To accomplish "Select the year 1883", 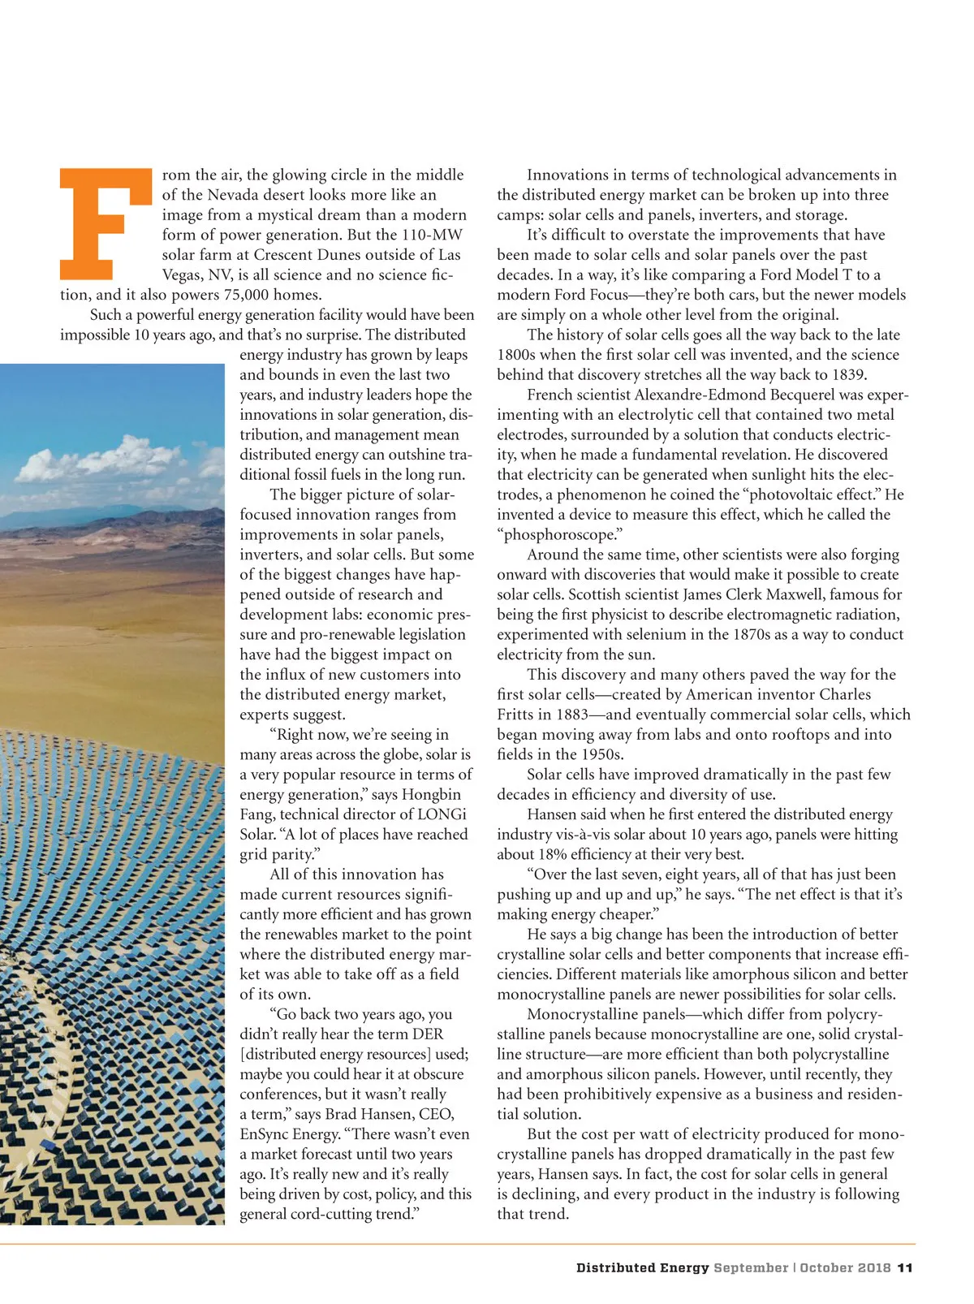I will pyautogui.click(x=577, y=715).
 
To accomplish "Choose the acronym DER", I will pyautogui.click(x=427, y=1034).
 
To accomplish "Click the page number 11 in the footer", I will pyautogui.click(x=906, y=1267).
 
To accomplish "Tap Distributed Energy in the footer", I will pyautogui.click(x=642, y=1267).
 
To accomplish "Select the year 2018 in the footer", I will pyautogui.click(x=873, y=1267).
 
